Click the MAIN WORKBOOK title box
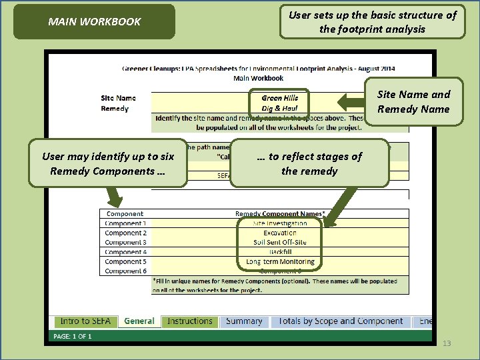(94, 21)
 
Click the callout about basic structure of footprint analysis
(372, 22)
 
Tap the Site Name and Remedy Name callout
(413, 102)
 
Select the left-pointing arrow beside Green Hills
(351, 102)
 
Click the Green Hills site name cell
(280, 98)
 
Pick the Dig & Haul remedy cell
(280, 108)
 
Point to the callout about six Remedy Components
(108, 163)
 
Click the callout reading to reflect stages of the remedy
(309, 163)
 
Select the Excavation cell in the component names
(280, 233)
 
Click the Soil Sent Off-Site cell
(280, 242)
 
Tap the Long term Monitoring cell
(280, 261)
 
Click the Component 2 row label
(125, 233)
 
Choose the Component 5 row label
(125, 261)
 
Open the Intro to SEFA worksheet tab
(85, 321)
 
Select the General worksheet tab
(139, 321)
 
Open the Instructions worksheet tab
(190, 321)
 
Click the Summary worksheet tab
(244, 321)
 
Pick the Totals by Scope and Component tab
(341, 321)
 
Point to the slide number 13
(447, 343)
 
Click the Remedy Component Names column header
(280, 214)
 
